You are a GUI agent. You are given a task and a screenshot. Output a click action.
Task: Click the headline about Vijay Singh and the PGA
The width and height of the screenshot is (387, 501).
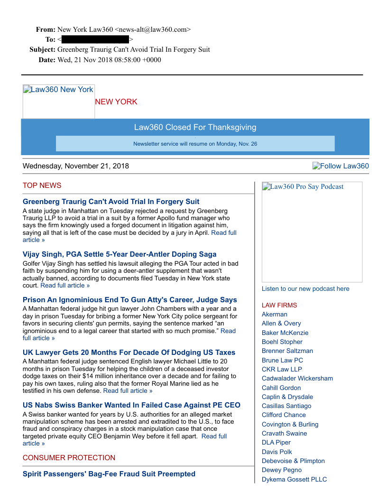[x=120, y=254]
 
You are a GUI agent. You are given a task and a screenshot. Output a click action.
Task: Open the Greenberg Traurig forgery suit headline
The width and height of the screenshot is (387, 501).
[x=111, y=202]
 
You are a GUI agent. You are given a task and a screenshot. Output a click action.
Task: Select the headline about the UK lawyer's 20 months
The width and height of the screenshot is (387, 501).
[x=129, y=353]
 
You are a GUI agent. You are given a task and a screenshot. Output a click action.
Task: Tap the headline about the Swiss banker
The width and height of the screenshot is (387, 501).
[x=131, y=405]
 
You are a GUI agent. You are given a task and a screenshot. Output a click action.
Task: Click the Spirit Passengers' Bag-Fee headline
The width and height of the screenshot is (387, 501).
[x=109, y=474]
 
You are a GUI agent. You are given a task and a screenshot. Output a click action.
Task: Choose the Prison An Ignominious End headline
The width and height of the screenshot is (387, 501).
[x=130, y=300]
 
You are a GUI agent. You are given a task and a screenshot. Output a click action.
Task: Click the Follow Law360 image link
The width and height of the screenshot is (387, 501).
[x=341, y=166]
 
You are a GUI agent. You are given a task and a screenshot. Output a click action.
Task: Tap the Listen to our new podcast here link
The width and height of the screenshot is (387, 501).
[x=305, y=288]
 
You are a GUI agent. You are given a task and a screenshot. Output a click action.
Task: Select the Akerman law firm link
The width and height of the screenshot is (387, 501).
[x=275, y=314]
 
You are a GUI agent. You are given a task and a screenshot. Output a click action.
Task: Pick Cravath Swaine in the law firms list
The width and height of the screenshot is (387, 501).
[x=285, y=433]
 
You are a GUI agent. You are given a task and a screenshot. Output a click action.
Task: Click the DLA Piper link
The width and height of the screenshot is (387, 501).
[x=276, y=442]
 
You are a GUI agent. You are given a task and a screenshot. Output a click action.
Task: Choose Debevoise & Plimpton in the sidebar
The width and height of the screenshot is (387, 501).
[x=293, y=461]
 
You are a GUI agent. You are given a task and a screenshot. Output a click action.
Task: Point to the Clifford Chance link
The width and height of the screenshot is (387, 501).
[x=284, y=415]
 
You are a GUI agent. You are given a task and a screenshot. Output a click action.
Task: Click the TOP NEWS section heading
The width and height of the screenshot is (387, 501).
[x=42, y=186]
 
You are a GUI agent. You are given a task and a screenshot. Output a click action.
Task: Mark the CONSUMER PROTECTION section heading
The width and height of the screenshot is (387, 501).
[x=69, y=458]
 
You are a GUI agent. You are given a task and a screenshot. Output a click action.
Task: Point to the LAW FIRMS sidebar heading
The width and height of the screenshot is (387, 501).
[x=279, y=305]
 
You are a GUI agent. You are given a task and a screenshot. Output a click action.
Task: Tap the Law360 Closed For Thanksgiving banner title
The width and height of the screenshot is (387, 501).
[x=195, y=127]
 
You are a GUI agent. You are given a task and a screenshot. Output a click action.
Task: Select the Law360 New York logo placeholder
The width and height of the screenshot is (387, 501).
[x=58, y=101]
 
